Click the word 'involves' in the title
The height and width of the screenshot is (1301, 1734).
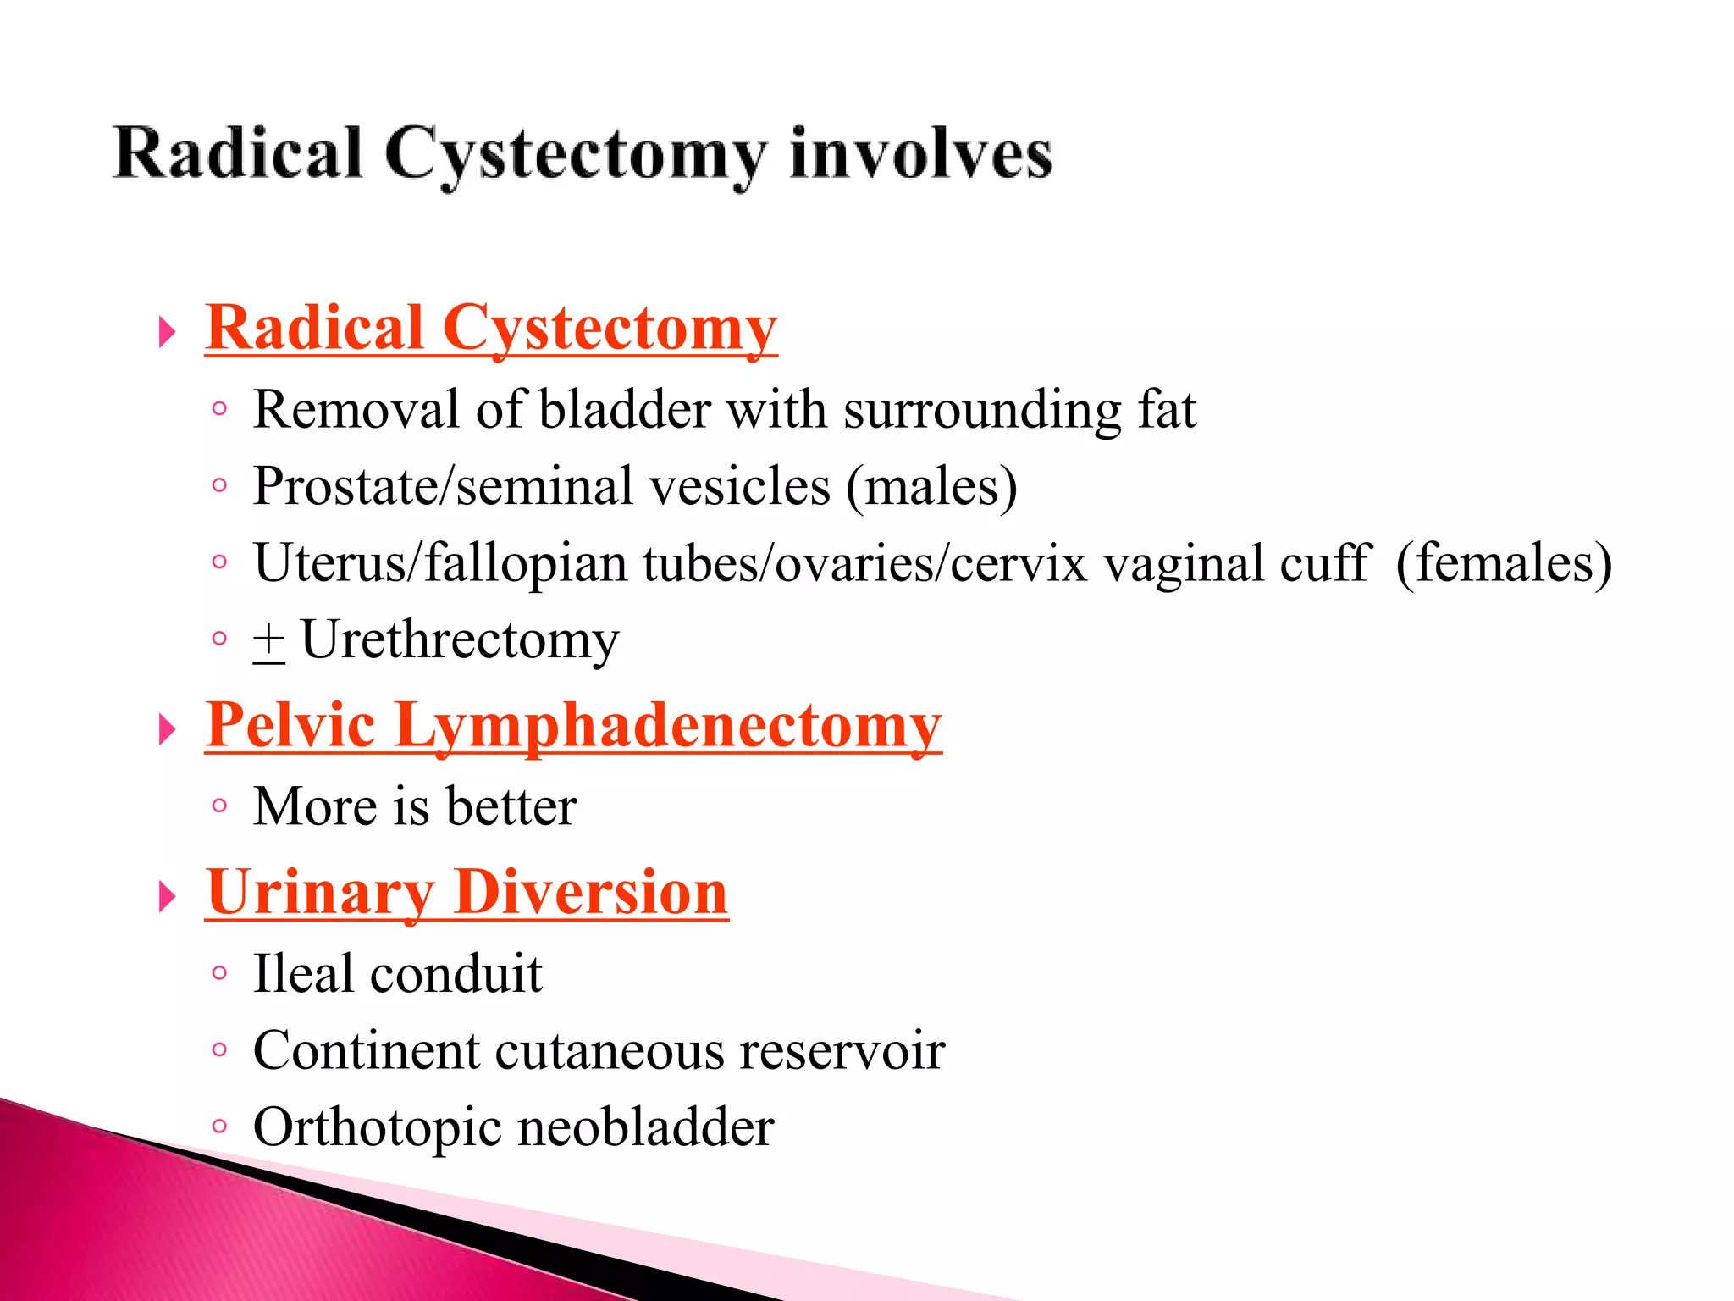pos(920,154)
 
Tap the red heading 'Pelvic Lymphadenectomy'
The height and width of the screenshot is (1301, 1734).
pos(573,726)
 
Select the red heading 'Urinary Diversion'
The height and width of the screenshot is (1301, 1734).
pos(467,893)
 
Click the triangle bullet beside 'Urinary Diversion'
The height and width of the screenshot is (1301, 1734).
pos(167,897)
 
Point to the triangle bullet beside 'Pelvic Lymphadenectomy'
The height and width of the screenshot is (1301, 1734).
pos(167,729)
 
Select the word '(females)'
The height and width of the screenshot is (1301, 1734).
pos(1504,563)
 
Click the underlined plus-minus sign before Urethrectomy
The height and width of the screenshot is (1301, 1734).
pos(268,641)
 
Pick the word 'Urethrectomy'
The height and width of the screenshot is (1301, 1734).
pos(460,640)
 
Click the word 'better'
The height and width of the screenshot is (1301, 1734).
pos(511,806)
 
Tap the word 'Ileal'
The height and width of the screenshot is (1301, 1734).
pos(303,973)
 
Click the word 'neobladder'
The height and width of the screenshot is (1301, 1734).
pos(645,1127)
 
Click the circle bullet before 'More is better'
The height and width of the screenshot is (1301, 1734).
pos(219,806)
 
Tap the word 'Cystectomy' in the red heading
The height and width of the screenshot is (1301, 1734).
pos(609,329)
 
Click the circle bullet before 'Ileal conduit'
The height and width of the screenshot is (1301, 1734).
pos(219,973)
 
